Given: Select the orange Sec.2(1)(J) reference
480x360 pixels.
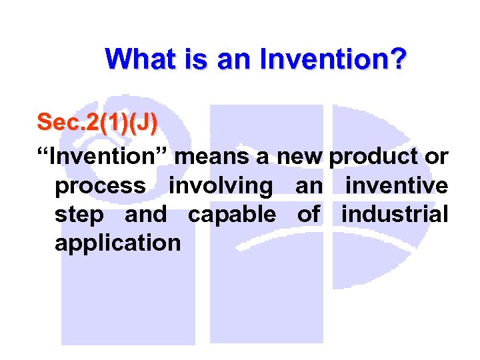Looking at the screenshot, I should pos(97,122).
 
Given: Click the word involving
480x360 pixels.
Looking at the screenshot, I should pos(221,186).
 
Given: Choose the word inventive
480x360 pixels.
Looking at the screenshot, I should pos(396,186).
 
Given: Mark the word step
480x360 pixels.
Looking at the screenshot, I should pos(79,215).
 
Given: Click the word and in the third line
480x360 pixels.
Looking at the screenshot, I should pos(145,215).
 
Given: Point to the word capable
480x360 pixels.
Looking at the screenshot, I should pos(232,215).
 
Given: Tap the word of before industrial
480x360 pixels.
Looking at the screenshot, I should pos(308,215).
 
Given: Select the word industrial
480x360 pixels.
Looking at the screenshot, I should pos(395,215).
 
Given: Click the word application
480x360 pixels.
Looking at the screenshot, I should pos(117,243).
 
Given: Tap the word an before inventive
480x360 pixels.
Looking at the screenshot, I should pos(308,186).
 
